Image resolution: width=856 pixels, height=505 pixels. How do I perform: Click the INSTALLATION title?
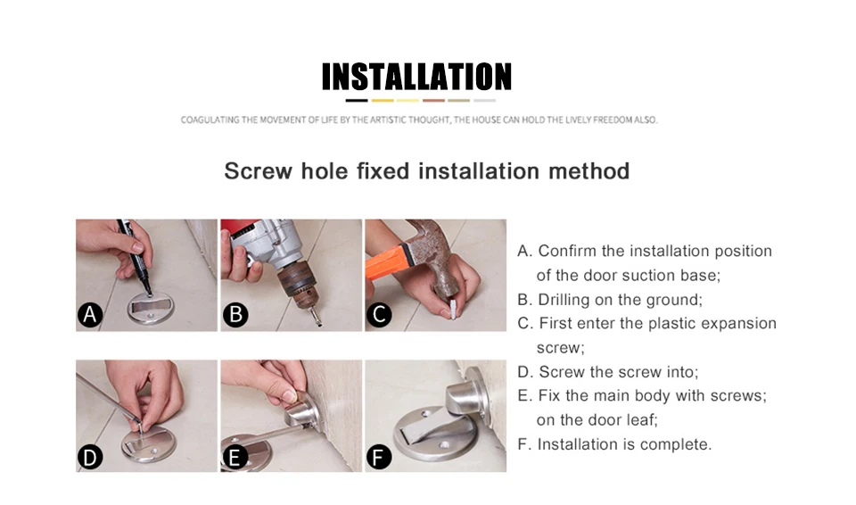(x=416, y=76)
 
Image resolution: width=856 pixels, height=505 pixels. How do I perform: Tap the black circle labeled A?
(x=90, y=315)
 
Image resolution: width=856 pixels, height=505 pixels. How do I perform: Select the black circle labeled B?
(x=235, y=315)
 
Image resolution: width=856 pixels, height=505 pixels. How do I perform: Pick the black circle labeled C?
(x=380, y=315)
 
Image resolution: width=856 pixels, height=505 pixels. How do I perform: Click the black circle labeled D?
(x=90, y=457)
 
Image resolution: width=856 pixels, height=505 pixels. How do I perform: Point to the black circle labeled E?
(x=235, y=457)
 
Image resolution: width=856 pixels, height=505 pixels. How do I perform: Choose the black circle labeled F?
(x=379, y=457)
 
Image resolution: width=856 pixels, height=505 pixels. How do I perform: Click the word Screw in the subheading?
(x=259, y=171)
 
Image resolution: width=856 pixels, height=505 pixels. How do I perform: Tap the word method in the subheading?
(x=589, y=171)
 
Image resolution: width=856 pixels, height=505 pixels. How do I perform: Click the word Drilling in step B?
(x=564, y=300)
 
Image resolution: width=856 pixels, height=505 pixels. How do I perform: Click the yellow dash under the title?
(x=383, y=101)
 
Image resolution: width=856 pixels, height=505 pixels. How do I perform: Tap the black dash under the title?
(x=357, y=101)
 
